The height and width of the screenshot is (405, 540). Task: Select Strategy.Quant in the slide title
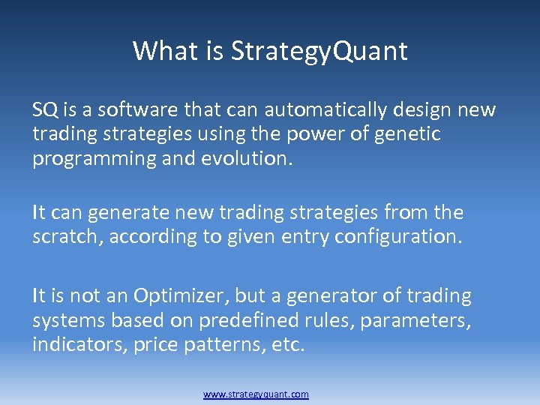click(319, 52)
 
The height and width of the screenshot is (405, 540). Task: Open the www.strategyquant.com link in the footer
click(256, 394)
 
